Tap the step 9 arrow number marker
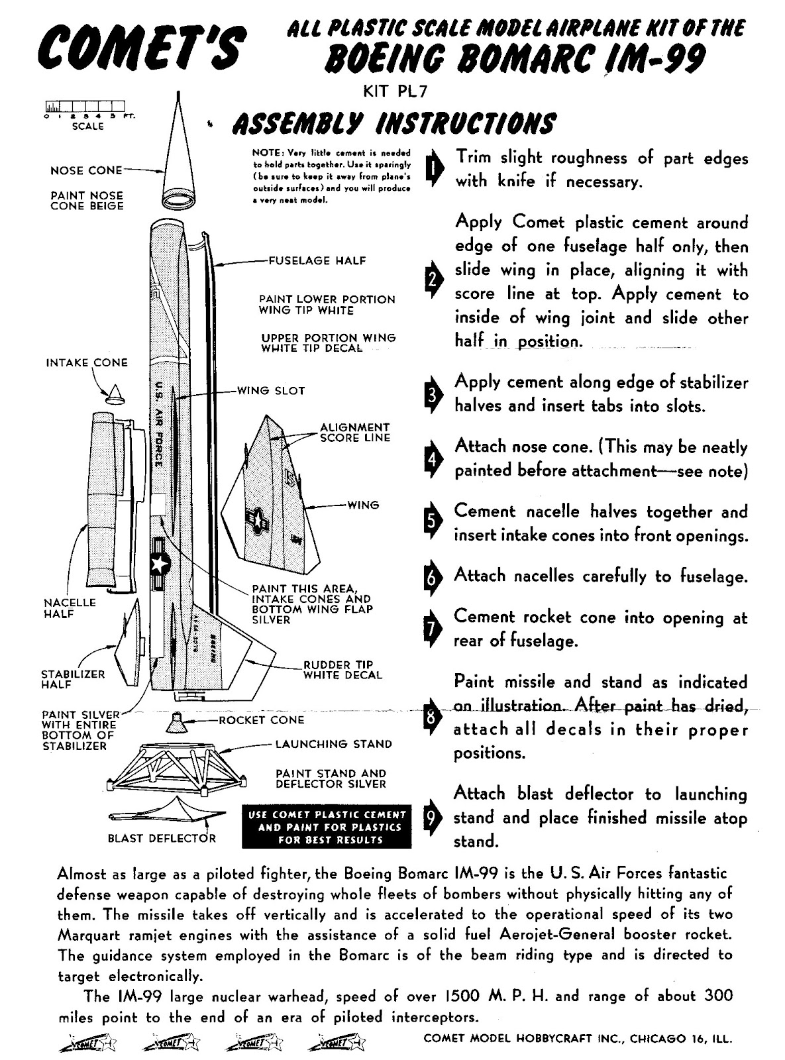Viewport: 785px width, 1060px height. pyautogui.click(x=431, y=819)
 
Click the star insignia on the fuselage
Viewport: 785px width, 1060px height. pyautogui.click(x=159, y=563)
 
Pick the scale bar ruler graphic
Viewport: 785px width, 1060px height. pyautogui.click(x=85, y=106)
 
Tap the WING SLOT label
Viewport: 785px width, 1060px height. pyautogui.click(x=271, y=391)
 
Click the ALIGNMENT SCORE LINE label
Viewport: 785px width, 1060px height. pyautogui.click(x=354, y=433)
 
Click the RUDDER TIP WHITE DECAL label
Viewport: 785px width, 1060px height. pyautogui.click(x=342, y=670)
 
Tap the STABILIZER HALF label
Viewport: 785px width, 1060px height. pyautogui.click(x=73, y=679)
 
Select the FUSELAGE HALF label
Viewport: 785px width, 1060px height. pyautogui.click(x=317, y=260)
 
